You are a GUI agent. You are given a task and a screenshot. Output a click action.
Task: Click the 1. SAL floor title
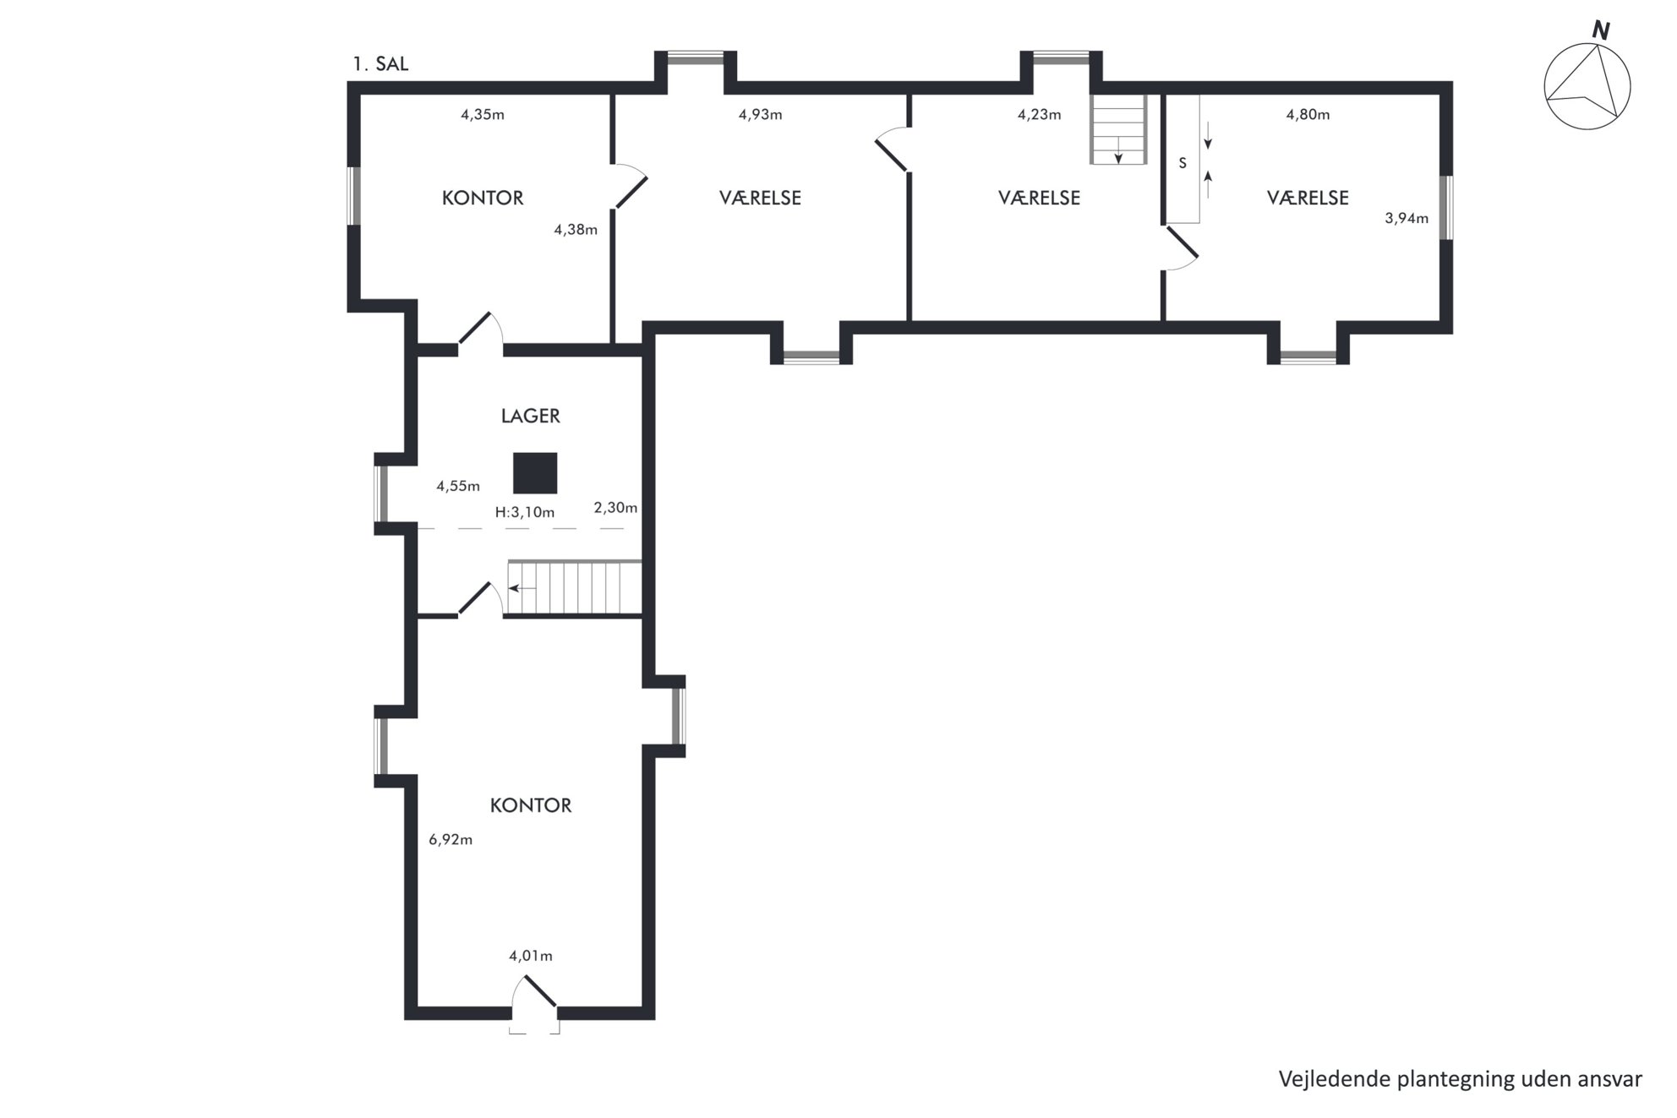380,64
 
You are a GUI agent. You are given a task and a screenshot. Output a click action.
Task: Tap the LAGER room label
531,416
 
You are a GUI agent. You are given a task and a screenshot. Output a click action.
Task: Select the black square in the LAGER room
535,473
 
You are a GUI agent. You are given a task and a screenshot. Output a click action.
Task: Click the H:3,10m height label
525,512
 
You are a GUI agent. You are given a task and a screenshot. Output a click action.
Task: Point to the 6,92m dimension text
451,840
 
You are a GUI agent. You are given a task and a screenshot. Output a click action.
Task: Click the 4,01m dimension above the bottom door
531,957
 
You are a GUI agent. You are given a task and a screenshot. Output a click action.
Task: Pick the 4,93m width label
761,115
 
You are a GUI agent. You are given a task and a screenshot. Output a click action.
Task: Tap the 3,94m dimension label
1407,219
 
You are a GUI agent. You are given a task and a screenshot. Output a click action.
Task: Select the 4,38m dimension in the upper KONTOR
576,230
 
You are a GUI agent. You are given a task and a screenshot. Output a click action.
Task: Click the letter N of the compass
1600,31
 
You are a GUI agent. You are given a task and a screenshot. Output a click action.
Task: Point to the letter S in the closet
1183,163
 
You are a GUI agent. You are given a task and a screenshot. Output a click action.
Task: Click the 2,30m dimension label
615,508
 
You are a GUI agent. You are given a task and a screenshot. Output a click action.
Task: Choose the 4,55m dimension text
458,487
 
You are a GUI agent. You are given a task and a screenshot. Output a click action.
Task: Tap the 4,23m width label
1040,115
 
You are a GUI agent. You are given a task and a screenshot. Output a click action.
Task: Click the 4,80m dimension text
1308,115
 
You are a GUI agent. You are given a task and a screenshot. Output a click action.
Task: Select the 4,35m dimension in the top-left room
483,115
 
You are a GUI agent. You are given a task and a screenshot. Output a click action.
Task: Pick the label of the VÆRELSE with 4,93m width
761,198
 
